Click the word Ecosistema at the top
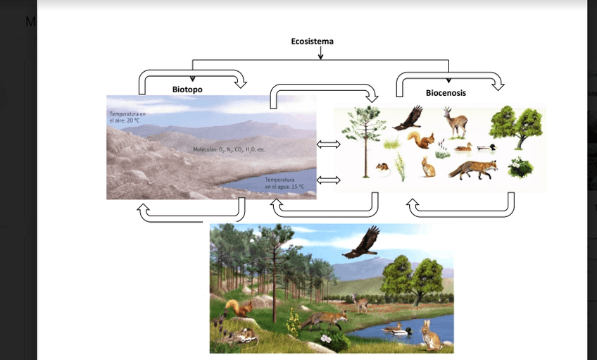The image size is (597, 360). [x=312, y=41]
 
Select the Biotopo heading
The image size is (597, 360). [x=187, y=89]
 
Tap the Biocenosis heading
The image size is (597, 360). [x=446, y=92]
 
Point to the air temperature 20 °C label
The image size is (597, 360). [x=127, y=117]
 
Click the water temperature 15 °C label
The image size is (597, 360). [x=284, y=183]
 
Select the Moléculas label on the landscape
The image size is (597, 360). [x=229, y=150]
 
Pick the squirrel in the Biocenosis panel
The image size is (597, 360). [x=422, y=140]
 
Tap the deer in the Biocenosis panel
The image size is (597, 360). [x=455, y=122]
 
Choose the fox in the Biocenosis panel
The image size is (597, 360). [x=472, y=170]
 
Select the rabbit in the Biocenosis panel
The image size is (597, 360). [x=428, y=168]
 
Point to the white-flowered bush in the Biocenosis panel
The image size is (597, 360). [x=520, y=167]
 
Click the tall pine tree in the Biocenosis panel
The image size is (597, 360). [x=366, y=141]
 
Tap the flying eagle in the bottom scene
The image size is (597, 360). [x=361, y=243]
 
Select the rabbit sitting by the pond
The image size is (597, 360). [x=430, y=335]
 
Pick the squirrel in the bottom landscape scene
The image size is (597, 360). [x=239, y=309]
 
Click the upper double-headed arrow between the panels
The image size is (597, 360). [x=329, y=144]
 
